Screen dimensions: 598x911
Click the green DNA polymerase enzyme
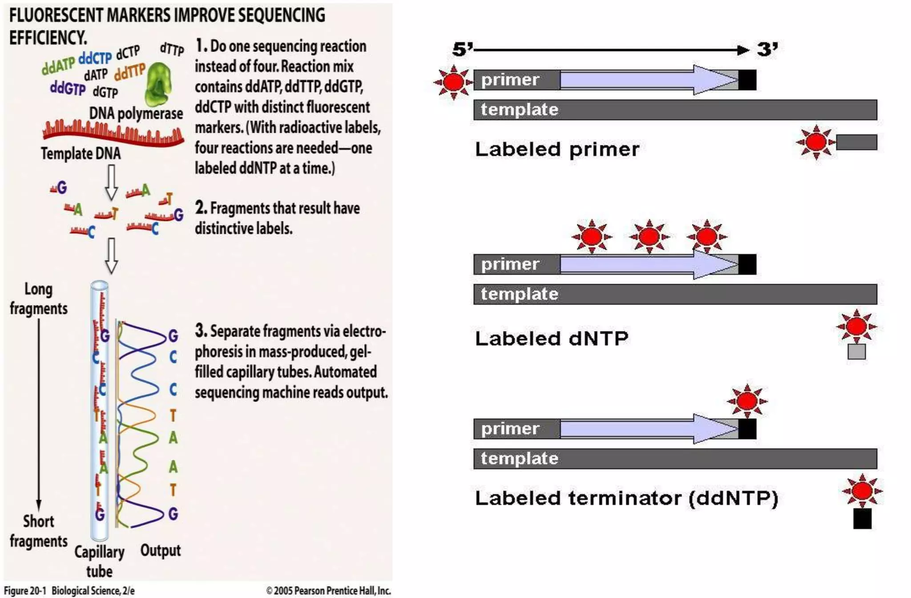(158, 84)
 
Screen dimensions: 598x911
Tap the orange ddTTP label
(129, 71)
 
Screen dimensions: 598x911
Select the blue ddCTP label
(95, 58)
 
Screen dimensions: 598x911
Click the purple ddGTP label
(68, 88)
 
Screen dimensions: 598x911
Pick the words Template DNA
(81, 154)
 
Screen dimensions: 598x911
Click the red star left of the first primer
(453, 82)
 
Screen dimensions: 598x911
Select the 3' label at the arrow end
(767, 49)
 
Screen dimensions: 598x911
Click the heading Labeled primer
(557, 149)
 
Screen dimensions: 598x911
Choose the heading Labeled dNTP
(552, 339)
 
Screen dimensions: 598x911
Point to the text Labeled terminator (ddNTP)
(626, 498)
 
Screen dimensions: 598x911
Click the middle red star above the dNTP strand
(649, 236)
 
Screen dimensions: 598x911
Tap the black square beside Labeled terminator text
(862, 518)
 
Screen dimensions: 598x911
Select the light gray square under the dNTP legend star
(856, 352)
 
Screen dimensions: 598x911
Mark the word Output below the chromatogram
(161, 551)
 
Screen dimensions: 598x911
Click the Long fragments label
(39, 299)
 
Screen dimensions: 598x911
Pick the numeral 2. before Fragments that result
(201, 208)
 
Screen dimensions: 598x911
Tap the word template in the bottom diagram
(519, 459)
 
